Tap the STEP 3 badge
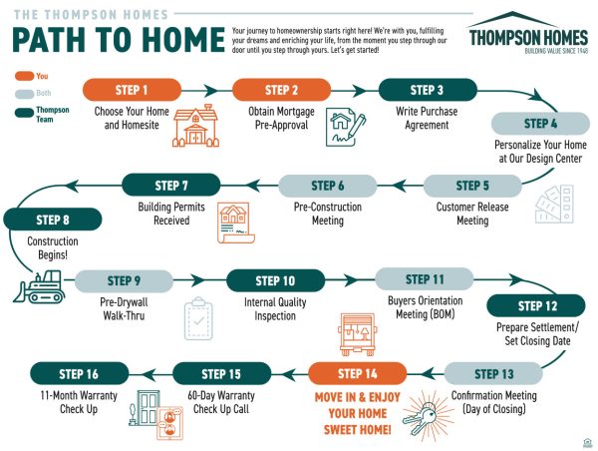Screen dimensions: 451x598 coord(428,90)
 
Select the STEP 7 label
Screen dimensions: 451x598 coord(170,185)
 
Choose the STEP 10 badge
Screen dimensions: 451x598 coord(276,280)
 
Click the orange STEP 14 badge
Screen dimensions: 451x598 coord(358,374)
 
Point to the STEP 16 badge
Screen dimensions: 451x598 coord(79,374)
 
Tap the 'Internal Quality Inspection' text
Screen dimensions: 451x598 coord(276,308)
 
